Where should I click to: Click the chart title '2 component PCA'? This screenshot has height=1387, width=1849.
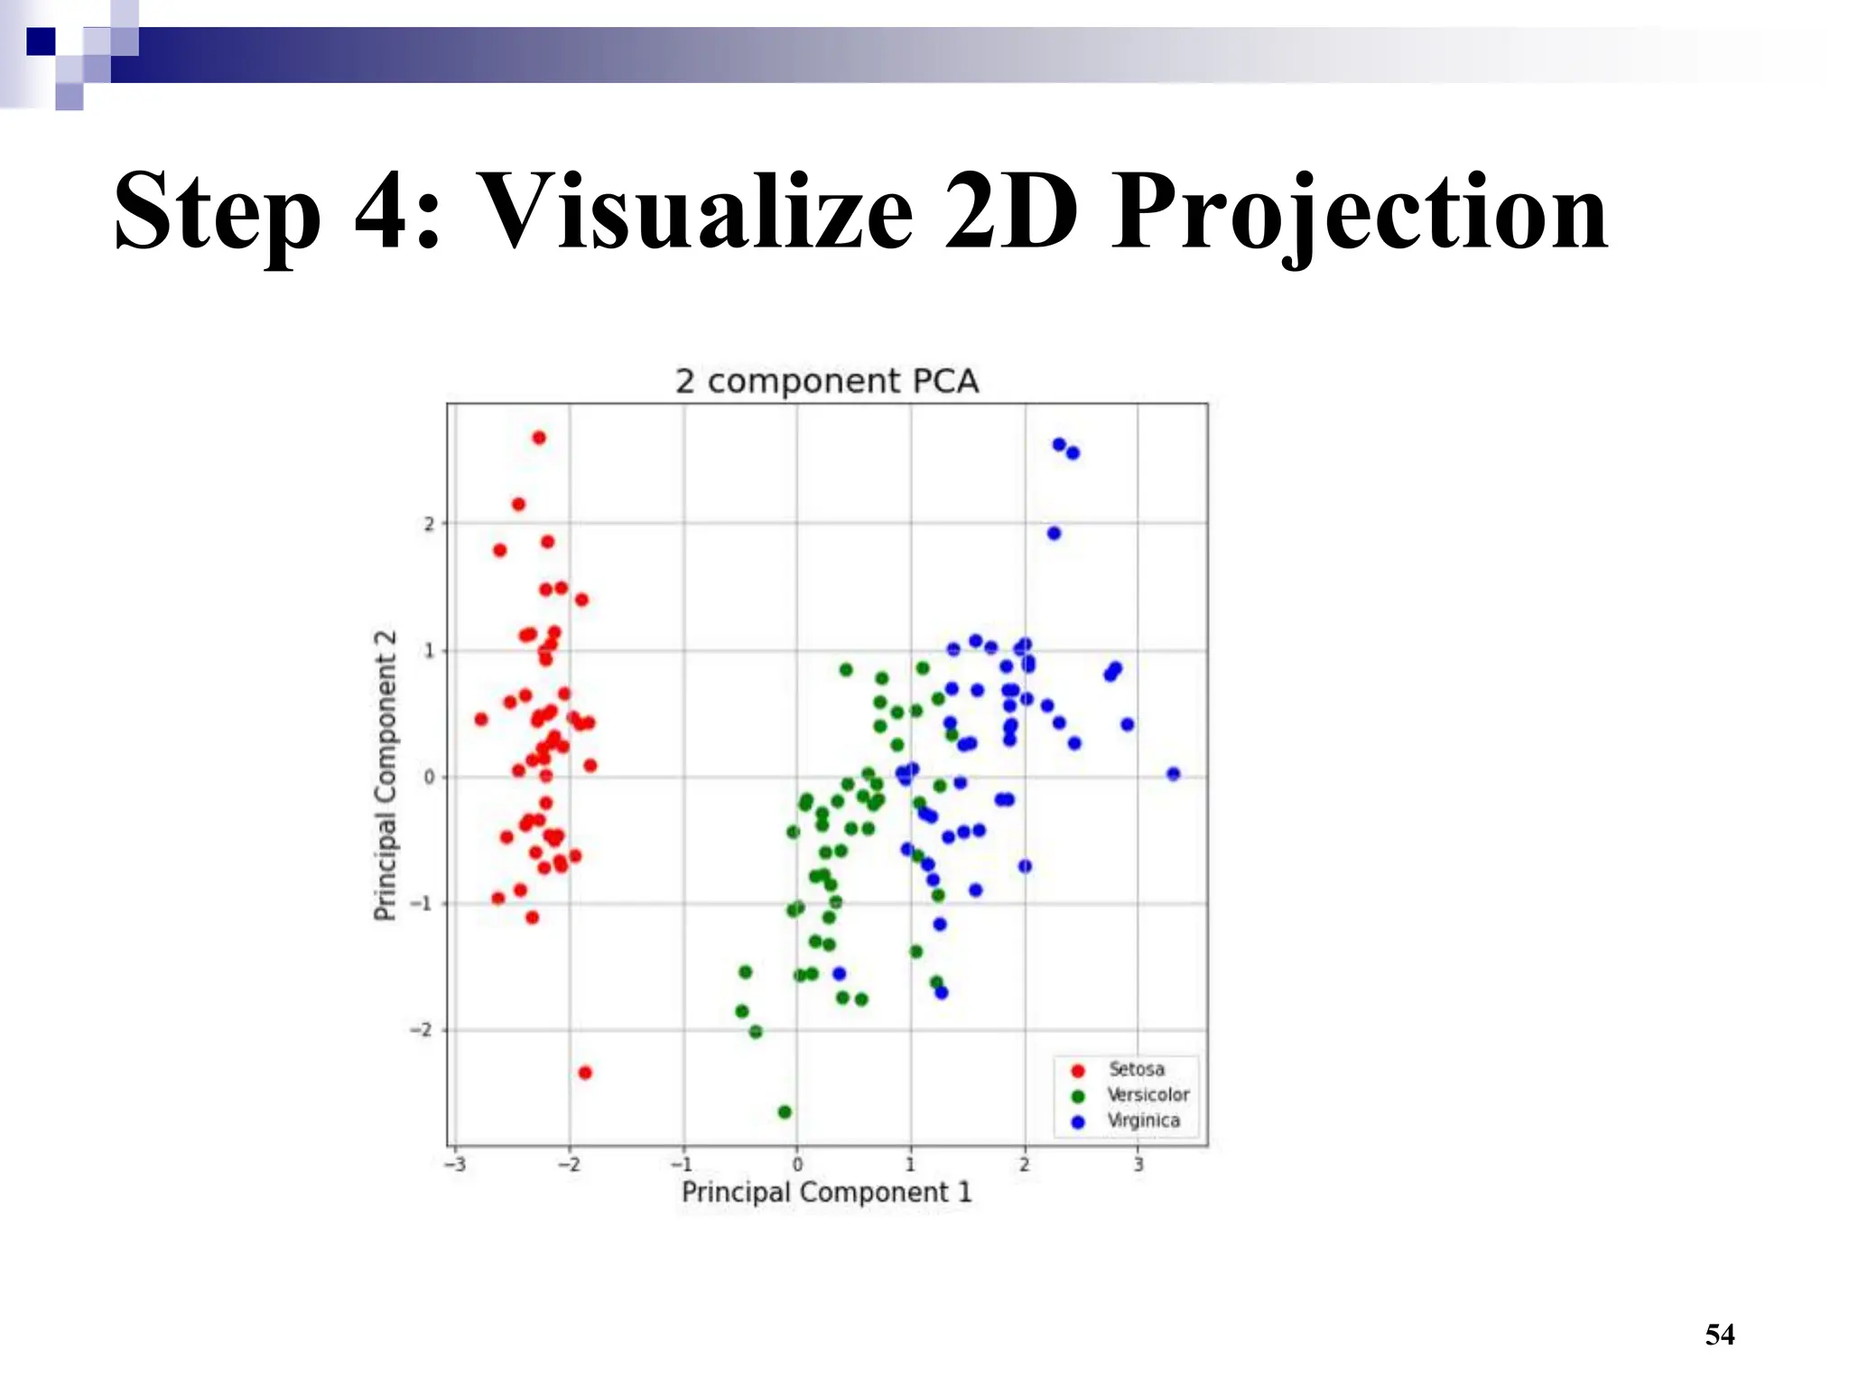click(826, 381)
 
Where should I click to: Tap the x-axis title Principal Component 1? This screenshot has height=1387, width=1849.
click(826, 1192)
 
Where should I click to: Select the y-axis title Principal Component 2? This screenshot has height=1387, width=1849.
click(386, 776)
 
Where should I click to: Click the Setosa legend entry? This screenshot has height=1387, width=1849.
click(1136, 1069)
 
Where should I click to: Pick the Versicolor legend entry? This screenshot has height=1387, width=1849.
click(1147, 1094)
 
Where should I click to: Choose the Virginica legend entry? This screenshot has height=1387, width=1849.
click(1143, 1121)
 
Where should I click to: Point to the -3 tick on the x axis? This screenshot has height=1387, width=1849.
click(456, 1164)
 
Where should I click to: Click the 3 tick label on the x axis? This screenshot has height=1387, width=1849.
click(1138, 1164)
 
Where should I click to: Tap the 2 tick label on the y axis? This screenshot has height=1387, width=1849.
click(429, 524)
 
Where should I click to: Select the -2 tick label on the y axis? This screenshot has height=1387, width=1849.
click(422, 1030)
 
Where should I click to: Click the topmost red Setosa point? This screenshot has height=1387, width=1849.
click(539, 438)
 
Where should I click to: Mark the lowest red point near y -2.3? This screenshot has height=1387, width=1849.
click(585, 1073)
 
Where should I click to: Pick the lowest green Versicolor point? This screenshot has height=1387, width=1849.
click(785, 1112)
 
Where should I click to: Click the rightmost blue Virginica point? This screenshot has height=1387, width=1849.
click(1173, 774)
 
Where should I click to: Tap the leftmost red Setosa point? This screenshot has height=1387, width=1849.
click(481, 720)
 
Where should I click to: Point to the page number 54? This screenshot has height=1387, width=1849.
click(1719, 1335)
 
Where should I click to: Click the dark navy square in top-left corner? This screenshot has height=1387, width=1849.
click(41, 42)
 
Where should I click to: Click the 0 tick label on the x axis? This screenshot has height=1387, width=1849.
click(797, 1164)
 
